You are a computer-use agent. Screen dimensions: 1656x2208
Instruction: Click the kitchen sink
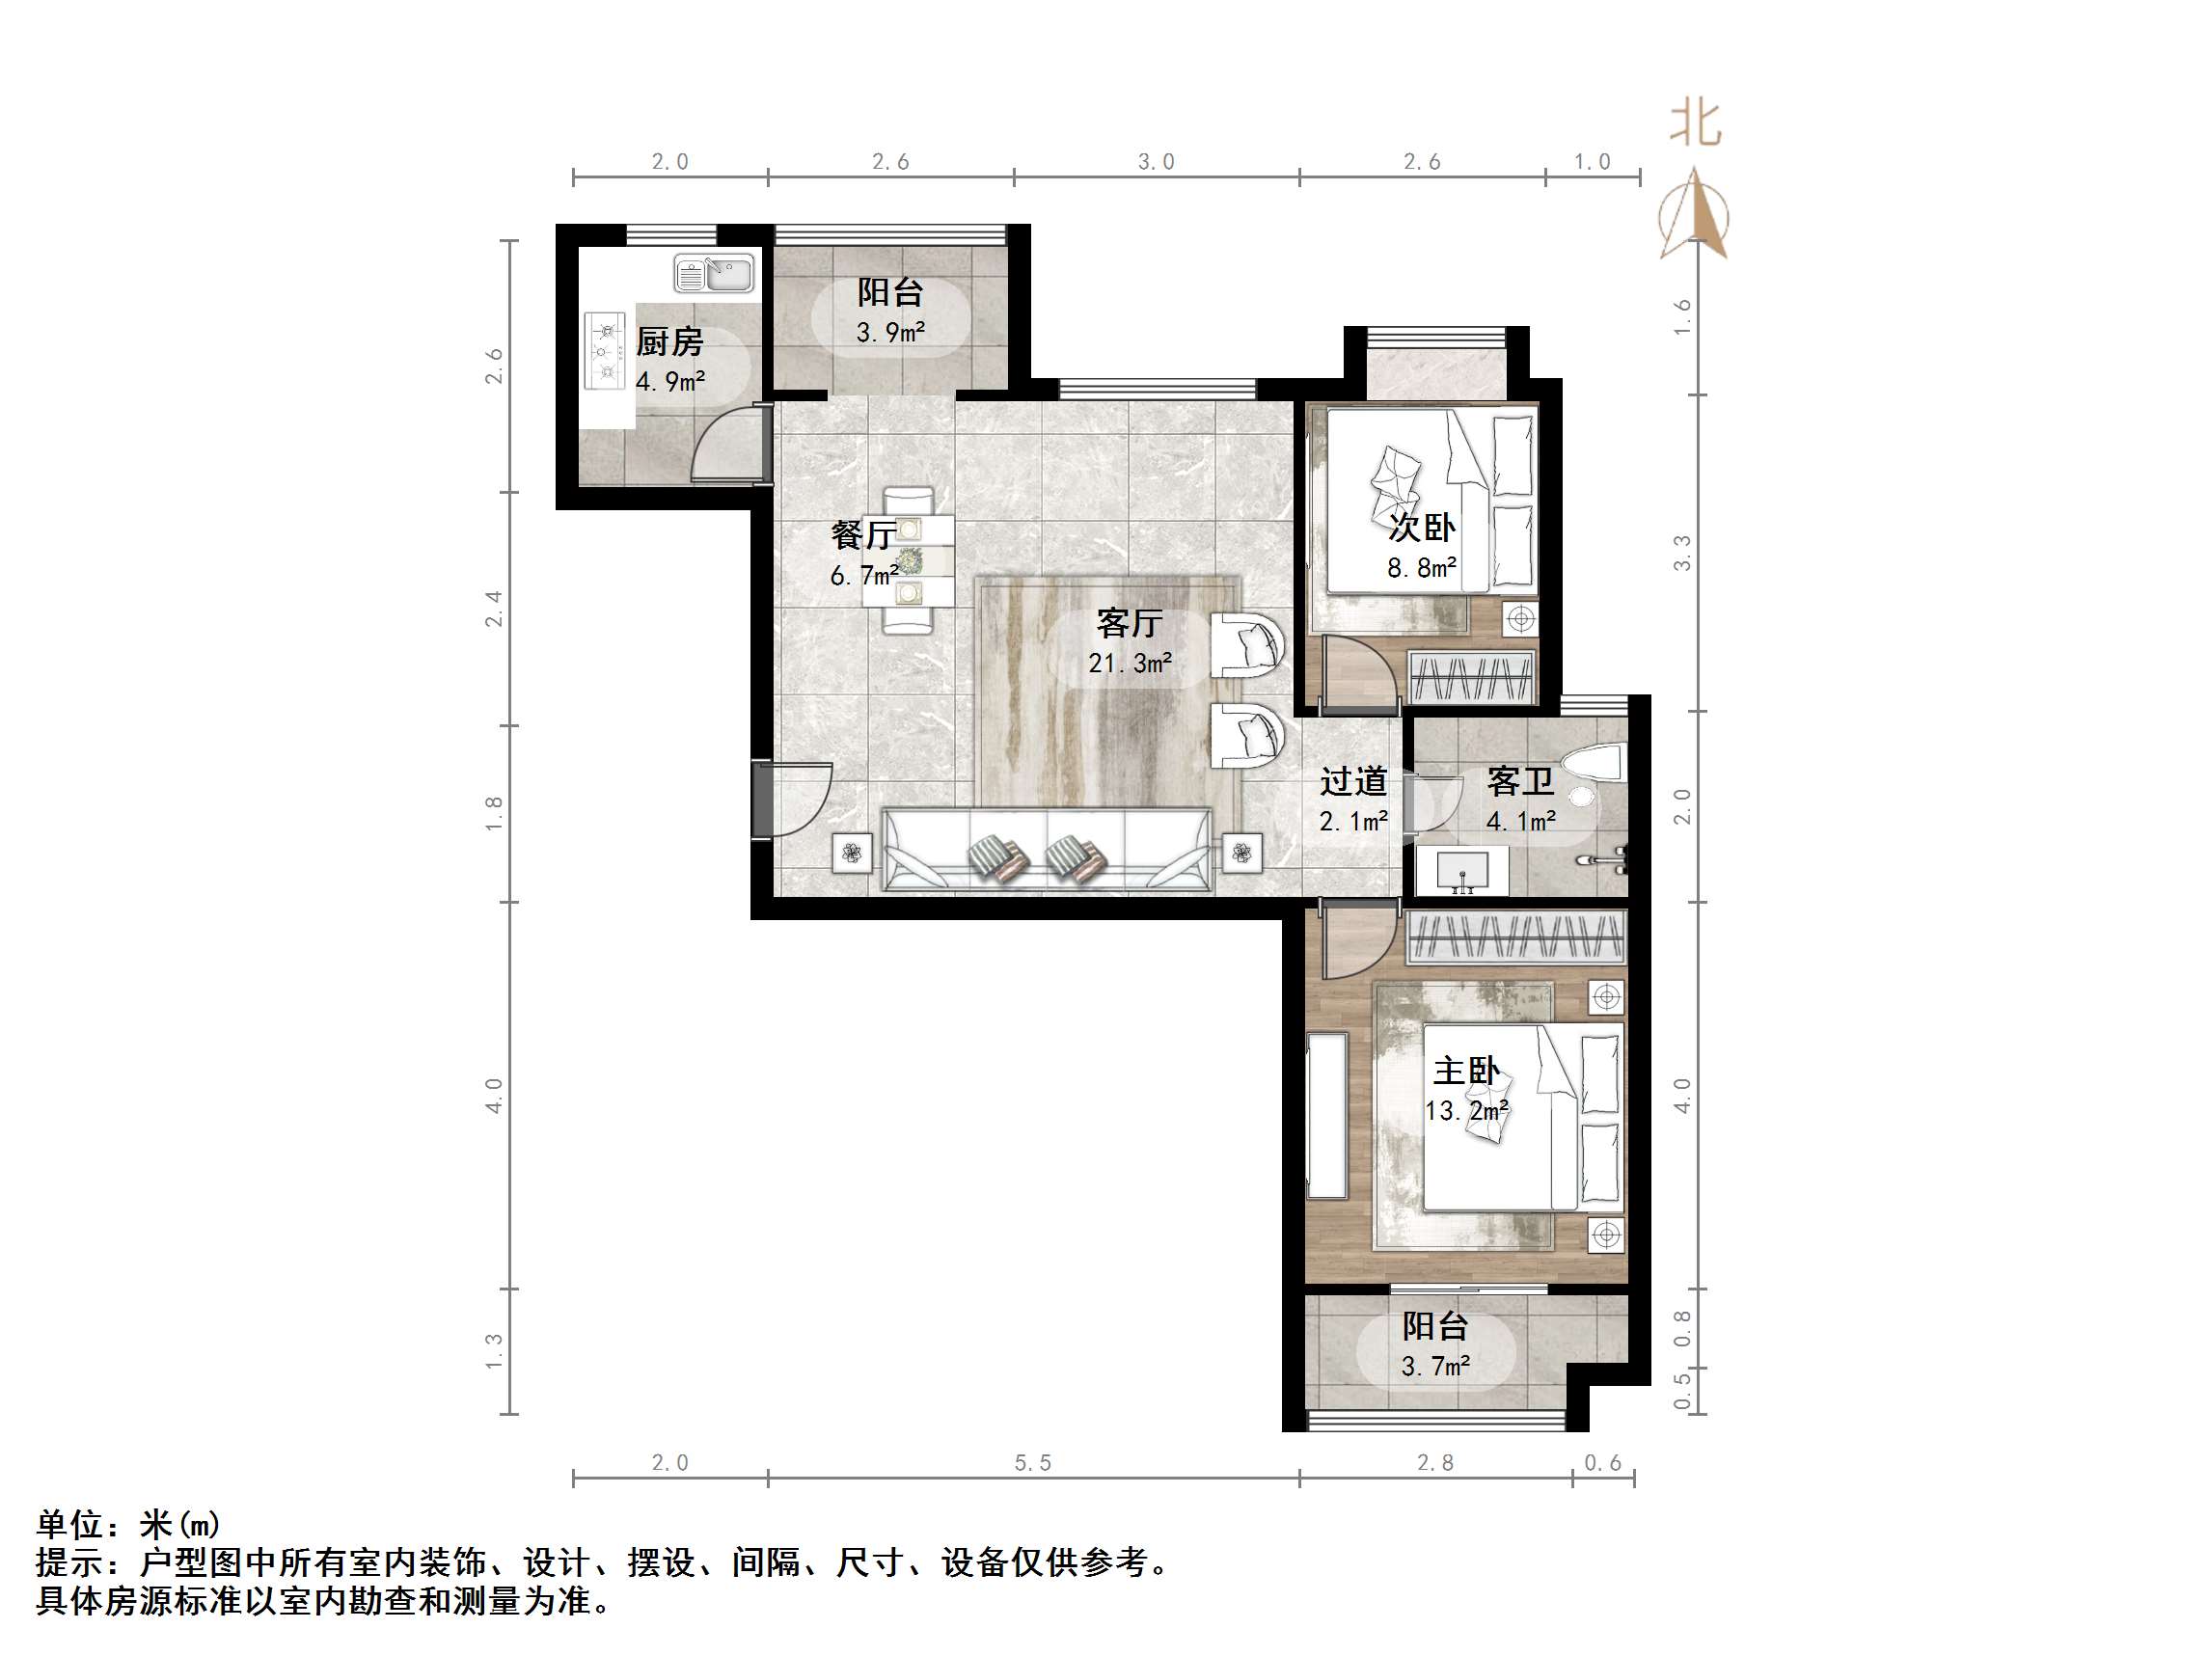tap(714, 274)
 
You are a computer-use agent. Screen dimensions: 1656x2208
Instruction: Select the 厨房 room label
tap(669, 342)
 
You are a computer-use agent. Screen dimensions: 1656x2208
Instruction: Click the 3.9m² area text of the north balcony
tap(889, 333)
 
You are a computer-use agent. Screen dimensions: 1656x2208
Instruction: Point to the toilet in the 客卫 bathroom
tap(1596, 767)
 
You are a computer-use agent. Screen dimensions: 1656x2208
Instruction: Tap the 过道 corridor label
tap(1353, 781)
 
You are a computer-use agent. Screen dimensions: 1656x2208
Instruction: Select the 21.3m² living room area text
tap(1129, 663)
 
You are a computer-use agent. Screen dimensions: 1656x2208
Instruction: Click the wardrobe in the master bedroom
tap(1516, 937)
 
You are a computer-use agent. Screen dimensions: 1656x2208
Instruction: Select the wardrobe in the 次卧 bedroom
tap(1471, 678)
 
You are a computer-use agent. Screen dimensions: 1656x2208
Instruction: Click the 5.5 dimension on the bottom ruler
tap(1032, 1463)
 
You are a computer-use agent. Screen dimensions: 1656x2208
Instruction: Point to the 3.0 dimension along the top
tap(1156, 162)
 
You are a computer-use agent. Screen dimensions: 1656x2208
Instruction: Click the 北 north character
tap(1696, 123)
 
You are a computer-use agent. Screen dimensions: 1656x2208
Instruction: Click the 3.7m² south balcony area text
tap(1434, 1367)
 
